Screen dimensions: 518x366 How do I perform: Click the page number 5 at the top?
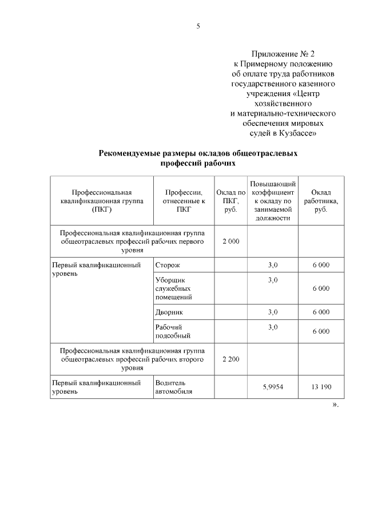[x=198, y=26]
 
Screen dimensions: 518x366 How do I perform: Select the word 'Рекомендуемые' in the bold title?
[x=132, y=153]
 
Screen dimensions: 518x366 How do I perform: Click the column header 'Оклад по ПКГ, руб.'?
[x=230, y=201]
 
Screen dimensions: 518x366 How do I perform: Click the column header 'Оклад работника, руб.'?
[x=321, y=201]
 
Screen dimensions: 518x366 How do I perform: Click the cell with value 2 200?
[x=230, y=359]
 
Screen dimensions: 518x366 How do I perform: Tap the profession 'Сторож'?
[x=168, y=266]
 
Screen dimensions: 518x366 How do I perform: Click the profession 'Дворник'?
[x=169, y=312]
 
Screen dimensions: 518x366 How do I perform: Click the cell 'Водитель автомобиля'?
[x=174, y=387]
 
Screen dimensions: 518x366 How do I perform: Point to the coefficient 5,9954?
[x=272, y=387]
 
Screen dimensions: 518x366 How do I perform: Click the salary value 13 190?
[x=321, y=387]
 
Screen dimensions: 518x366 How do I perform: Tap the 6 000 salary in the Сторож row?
[x=321, y=266]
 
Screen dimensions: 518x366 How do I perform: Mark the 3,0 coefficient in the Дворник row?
[x=272, y=312]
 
